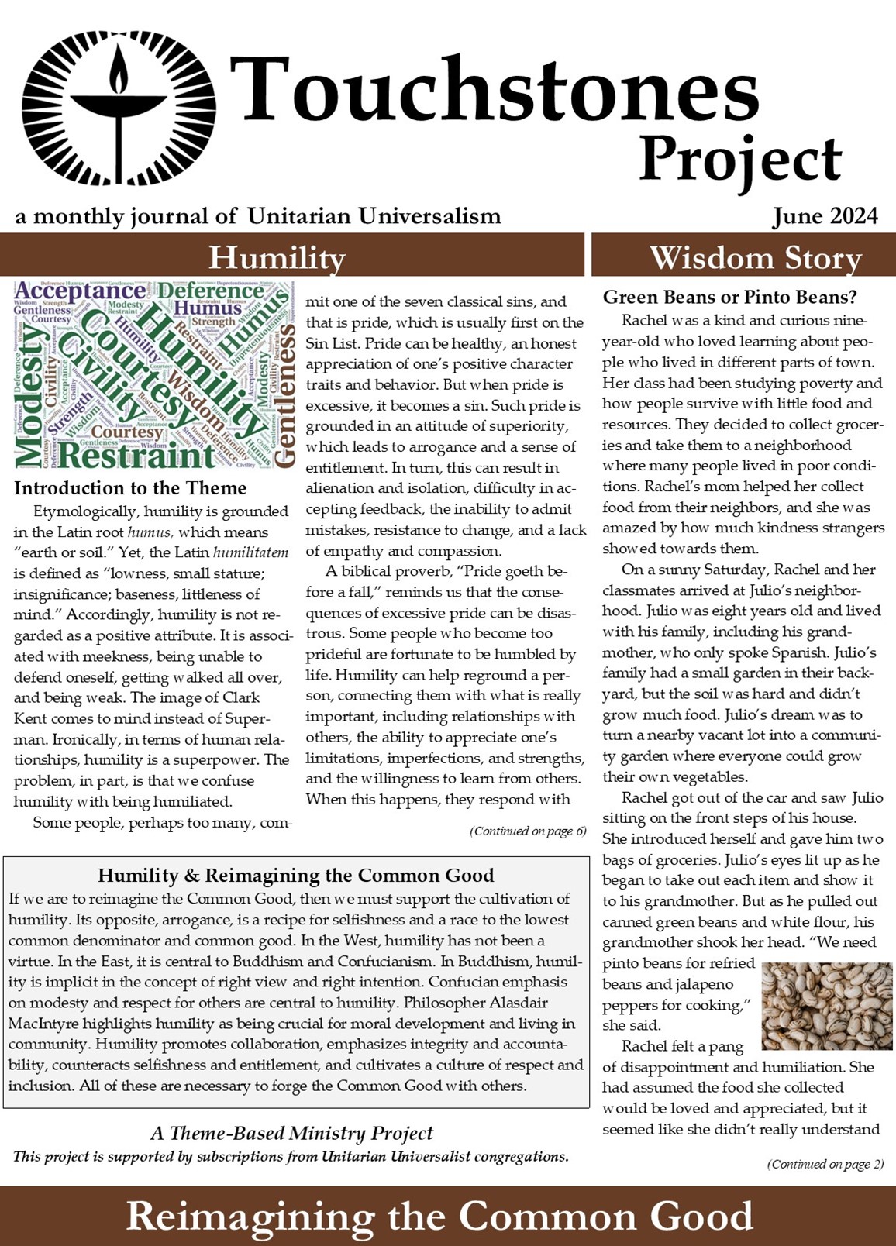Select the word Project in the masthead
coord(739,160)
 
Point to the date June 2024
coord(825,215)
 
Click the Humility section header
coord(277,257)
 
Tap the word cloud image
coord(154,374)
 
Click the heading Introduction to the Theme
coord(130,488)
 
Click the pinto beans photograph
coord(821,1005)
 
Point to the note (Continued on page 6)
coord(528,831)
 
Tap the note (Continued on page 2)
coord(825,1164)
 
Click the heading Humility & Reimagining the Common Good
coord(295,876)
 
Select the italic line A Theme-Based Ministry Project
coord(291,1133)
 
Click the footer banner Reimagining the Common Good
coord(439,1215)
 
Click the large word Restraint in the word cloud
coord(136,455)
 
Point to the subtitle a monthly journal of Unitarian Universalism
coord(258,215)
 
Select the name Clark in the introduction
coord(241,697)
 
